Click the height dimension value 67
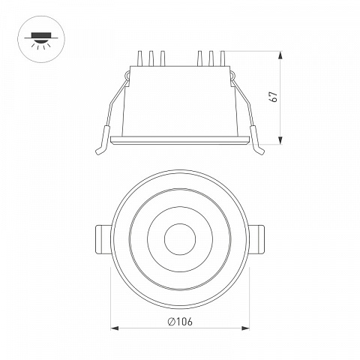[x=274, y=97]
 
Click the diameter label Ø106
[x=180, y=321]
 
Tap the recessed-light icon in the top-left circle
[x=41, y=40]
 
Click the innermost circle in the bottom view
[x=180, y=239]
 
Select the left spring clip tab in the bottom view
[x=103, y=239]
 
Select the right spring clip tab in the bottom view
[x=256, y=239]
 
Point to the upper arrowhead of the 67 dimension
[x=280, y=55]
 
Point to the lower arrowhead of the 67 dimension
[x=280, y=140]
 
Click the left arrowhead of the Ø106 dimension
[x=115, y=328]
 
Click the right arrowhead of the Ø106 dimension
[x=245, y=328]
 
